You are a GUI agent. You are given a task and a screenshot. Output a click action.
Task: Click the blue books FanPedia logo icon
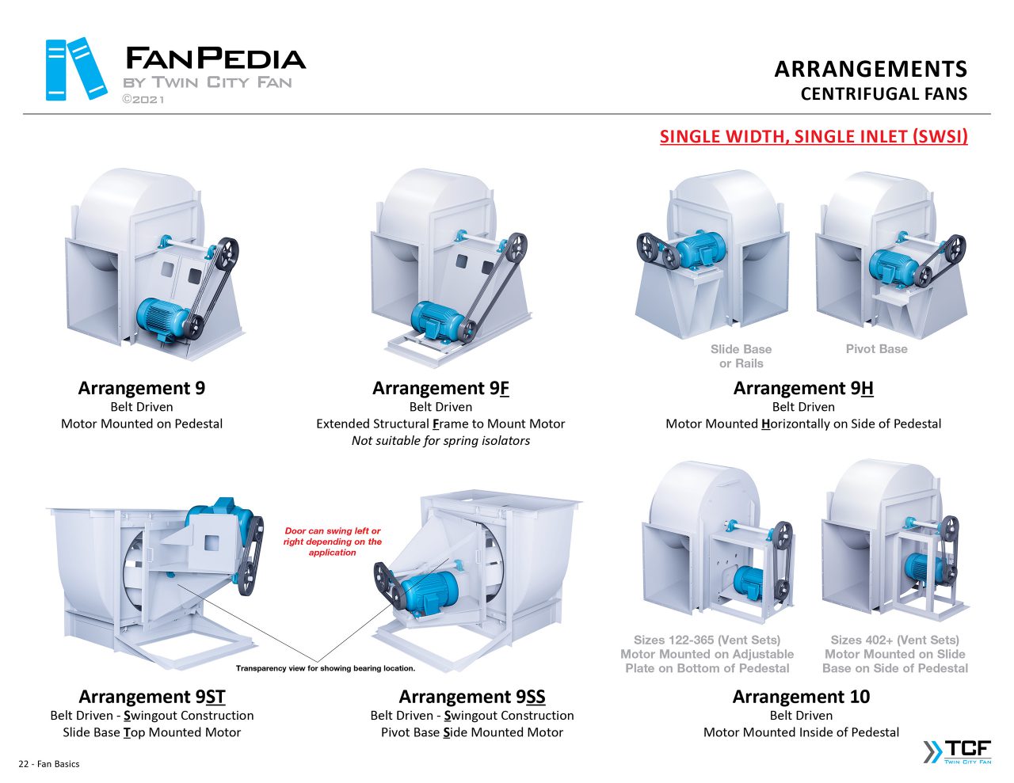tap(76, 69)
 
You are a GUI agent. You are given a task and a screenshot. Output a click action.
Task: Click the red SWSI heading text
tap(814, 136)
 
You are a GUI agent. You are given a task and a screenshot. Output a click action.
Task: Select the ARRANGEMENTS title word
tap(871, 70)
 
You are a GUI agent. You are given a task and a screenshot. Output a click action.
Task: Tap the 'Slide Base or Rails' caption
tap(741, 356)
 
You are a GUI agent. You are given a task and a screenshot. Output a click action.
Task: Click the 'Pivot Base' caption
tap(876, 349)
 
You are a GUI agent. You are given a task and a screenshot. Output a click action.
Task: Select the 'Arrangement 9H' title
tap(803, 388)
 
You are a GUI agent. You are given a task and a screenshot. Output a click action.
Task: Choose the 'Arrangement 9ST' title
tap(152, 697)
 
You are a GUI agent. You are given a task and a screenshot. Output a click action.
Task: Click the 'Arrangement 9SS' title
tap(472, 697)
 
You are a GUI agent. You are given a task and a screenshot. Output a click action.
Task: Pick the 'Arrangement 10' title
tap(801, 697)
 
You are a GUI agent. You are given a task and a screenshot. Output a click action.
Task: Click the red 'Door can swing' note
tap(333, 542)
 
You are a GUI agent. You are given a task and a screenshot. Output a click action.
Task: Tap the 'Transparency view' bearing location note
tap(326, 668)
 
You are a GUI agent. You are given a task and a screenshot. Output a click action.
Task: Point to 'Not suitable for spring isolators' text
tap(440, 441)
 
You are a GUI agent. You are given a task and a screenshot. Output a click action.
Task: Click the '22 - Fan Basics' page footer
tap(49, 764)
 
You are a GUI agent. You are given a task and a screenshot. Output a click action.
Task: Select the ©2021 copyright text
tap(143, 99)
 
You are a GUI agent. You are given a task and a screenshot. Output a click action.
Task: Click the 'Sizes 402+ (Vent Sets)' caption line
tap(894, 640)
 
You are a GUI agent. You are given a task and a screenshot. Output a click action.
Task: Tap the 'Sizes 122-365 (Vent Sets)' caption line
tap(707, 640)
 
